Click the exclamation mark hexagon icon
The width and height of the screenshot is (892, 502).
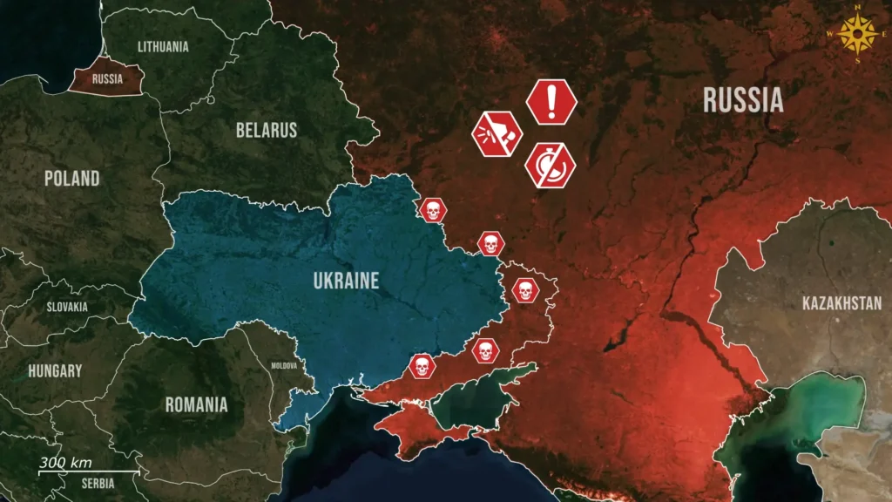point(551,101)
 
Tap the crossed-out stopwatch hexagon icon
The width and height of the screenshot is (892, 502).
point(551,164)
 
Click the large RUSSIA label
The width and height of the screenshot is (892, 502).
point(743,100)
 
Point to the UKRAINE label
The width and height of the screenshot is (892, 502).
point(346,281)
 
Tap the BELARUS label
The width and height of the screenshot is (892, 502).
point(266,131)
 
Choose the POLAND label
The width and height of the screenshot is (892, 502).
point(72,178)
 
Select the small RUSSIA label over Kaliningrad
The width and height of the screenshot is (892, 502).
point(107,78)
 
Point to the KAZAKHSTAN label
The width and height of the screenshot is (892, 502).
point(841,303)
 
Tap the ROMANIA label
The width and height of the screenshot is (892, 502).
point(196,404)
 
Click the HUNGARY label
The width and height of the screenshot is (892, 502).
point(55,370)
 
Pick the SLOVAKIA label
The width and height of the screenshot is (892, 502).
point(67,307)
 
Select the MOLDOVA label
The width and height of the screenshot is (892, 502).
point(284,366)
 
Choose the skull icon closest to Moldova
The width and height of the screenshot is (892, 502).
point(422,366)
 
